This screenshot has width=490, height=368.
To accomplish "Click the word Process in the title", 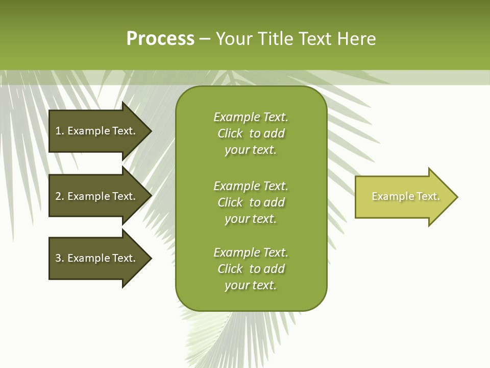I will point(160,39).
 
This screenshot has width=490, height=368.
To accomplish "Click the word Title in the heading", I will point(275,39).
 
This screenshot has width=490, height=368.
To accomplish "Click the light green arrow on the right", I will point(398,197).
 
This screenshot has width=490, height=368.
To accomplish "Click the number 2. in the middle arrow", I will point(60,196).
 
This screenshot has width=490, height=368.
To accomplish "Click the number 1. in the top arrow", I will point(60,131).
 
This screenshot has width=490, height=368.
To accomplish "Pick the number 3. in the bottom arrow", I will point(60,258).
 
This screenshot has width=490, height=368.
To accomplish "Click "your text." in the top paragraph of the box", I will point(250,150).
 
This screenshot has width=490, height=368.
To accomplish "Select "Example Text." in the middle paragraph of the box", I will point(251,186).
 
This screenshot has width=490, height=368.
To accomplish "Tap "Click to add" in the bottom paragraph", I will point(251,269).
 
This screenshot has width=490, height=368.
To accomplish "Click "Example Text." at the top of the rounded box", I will point(251,117).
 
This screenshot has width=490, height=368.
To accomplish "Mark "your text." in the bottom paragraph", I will point(250,286).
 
